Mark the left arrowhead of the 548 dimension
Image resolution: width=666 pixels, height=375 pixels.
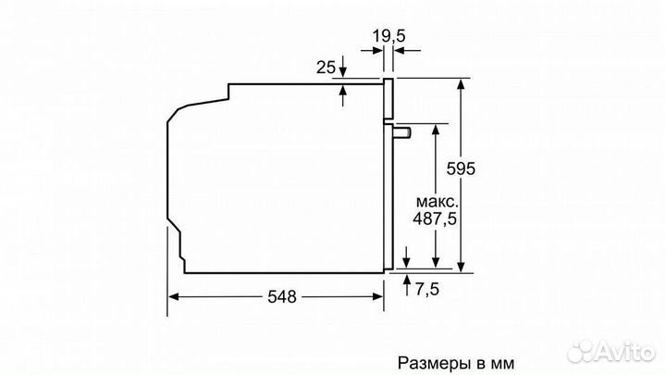click(x=174, y=296)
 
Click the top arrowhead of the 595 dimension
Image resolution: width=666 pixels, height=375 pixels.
click(x=459, y=83)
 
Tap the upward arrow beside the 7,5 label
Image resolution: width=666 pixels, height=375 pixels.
click(x=407, y=281)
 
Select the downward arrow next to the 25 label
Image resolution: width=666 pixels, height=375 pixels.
click(x=344, y=71)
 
